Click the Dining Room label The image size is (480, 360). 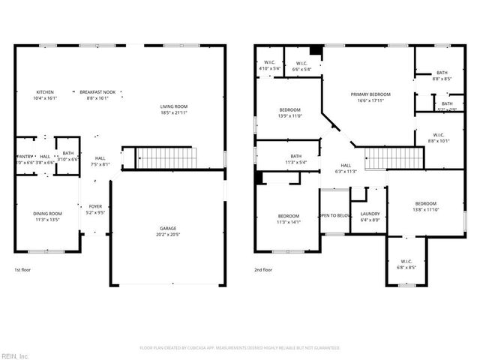coord(48,214)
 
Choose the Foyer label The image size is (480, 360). coord(95,206)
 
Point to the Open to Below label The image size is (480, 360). coord(334,215)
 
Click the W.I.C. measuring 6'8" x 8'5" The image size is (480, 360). coord(406,262)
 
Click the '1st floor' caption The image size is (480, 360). coord(22,269)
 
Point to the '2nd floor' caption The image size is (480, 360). coord(263,269)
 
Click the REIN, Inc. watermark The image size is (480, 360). coord(15,355)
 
